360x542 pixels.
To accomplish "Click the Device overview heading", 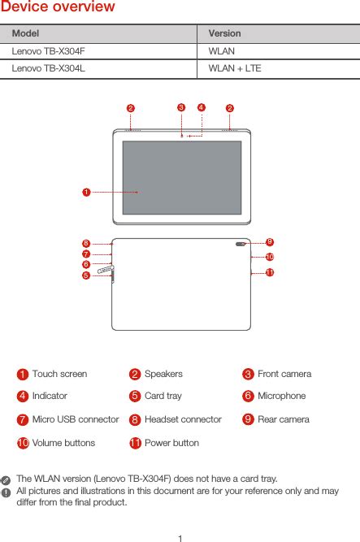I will [58, 8].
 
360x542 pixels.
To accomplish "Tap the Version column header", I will [224, 34].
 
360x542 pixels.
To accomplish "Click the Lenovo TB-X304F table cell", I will [48, 51].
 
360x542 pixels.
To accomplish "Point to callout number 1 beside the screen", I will [85, 192].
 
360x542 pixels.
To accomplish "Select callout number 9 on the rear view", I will [269, 242].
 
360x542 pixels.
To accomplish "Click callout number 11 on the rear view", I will [269, 272].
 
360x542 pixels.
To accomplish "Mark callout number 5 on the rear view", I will [85, 275].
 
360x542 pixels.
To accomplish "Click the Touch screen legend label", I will [59, 374].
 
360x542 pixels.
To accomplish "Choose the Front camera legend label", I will [284, 374].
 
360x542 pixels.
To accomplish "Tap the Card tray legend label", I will [163, 396].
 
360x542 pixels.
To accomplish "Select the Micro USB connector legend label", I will [75, 419].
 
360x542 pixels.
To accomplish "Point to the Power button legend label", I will [171, 443].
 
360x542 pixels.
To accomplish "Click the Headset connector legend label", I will [183, 419].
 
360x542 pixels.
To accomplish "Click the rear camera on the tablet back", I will [241, 244].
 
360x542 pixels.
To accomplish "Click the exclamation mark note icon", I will [7, 492].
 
